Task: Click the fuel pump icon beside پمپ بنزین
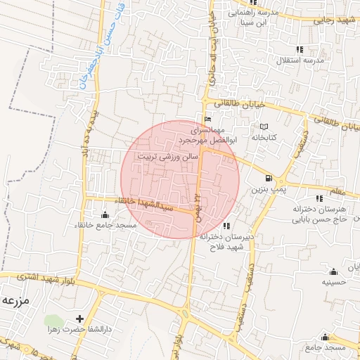coord(269,179)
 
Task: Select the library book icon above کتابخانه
coord(264,126)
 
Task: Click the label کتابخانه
coord(264,137)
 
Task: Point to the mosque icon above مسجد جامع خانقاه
coord(106,214)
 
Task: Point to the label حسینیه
coord(333,282)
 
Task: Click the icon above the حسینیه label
coord(333,271)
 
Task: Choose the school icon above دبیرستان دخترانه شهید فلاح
coord(226,226)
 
